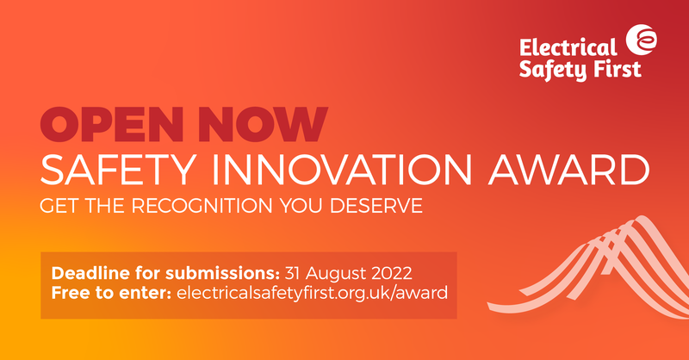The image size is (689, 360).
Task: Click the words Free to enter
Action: click(112, 294)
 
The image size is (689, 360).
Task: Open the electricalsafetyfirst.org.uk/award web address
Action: click(313, 294)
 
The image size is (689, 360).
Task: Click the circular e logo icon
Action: click(642, 39)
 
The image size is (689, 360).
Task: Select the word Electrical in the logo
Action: click(568, 47)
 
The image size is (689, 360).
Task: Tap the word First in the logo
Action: click(619, 69)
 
